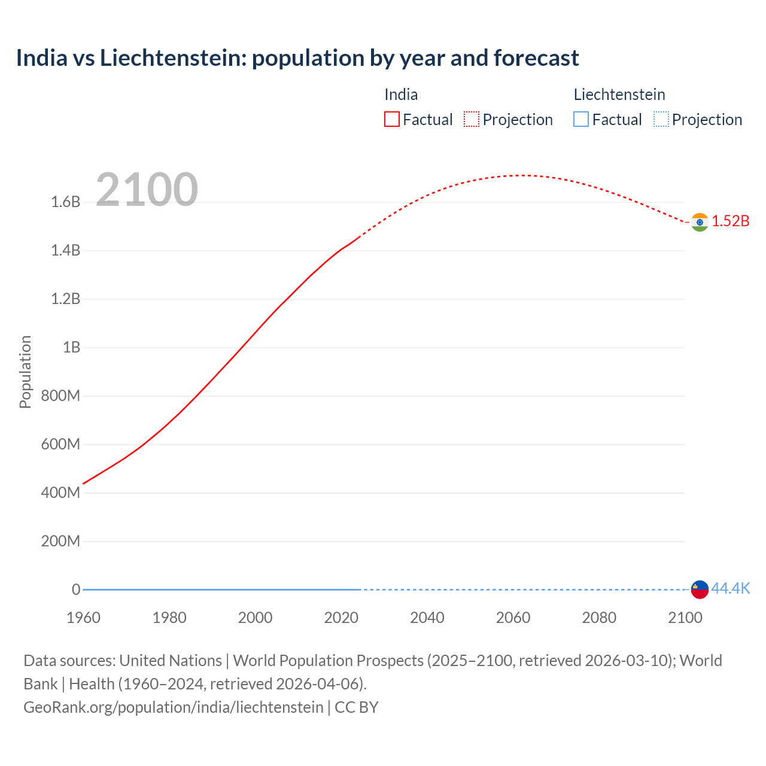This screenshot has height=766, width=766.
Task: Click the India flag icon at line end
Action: click(x=700, y=222)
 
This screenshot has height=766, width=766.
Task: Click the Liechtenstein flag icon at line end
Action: click(x=700, y=589)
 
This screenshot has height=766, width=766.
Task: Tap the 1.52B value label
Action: click(x=731, y=221)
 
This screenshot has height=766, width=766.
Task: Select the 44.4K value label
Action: click(x=731, y=589)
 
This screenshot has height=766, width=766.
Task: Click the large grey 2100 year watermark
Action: click(x=147, y=190)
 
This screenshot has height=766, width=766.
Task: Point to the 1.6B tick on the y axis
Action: click(x=66, y=202)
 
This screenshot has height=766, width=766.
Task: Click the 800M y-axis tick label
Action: click(x=60, y=396)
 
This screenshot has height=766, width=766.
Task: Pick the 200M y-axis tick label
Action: click(x=60, y=542)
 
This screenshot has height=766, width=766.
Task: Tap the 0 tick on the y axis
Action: click(x=76, y=590)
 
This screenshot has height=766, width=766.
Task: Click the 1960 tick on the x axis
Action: click(x=83, y=618)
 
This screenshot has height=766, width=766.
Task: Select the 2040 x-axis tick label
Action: click(x=427, y=618)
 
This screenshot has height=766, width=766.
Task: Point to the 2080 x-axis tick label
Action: click(x=599, y=618)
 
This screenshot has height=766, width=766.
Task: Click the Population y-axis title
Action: click(x=25, y=372)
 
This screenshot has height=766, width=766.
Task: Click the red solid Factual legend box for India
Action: click(x=392, y=120)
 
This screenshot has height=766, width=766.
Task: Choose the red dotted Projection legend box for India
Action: click(x=472, y=120)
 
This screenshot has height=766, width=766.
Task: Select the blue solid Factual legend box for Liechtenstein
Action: click(x=581, y=120)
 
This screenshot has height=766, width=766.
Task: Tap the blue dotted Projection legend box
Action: click(x=661, y=120)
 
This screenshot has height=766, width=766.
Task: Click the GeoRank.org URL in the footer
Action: click(x=174, y=707)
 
